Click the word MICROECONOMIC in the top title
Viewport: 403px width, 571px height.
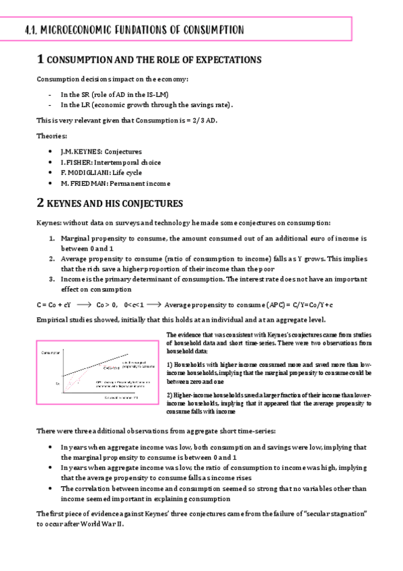[x=73, y=30]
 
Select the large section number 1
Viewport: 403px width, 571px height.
[x=40, y=60]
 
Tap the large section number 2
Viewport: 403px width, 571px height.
[x=40, y=202]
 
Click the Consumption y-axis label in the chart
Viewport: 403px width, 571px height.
[x=51, y=352]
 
